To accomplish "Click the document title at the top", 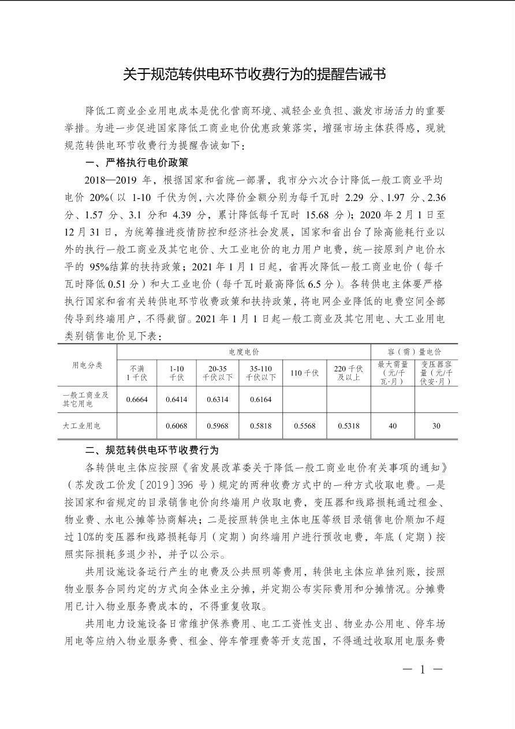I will [257, 75].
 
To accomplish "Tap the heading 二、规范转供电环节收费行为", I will [152, 450].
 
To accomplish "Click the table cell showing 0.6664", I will [137, 399].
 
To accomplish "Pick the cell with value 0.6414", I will [176, 399].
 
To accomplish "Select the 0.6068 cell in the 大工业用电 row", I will [176, 426].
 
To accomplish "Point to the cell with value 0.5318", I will [348, 426].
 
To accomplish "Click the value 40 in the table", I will [393, 426].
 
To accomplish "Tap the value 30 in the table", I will [436, 426].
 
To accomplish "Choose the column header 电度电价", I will [244, 351].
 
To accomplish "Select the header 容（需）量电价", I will [414, 351].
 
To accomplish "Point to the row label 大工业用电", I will [81, 426].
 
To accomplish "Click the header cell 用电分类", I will [87, 365].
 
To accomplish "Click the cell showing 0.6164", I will [260, 399].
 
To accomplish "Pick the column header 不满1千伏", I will [137, 373].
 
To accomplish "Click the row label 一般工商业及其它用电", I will [85, 399].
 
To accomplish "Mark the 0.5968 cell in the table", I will [218, 426].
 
